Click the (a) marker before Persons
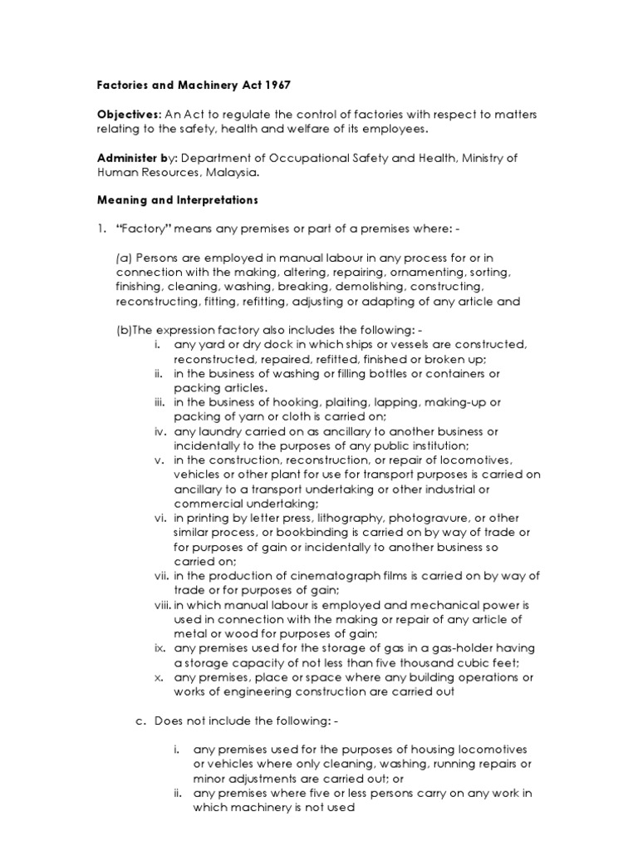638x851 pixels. click(124, 258)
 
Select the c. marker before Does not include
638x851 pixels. click(140, 719)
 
